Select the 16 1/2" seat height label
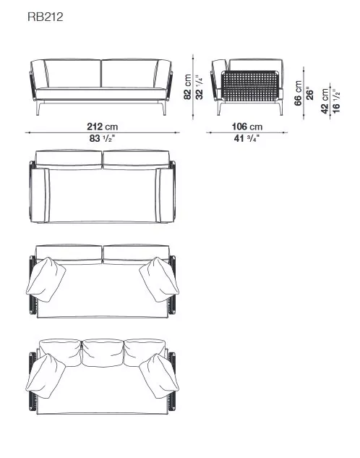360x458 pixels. pyautogui.click(x=336, y=98)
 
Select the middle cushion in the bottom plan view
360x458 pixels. pyautogui.click(x=103, y=352)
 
